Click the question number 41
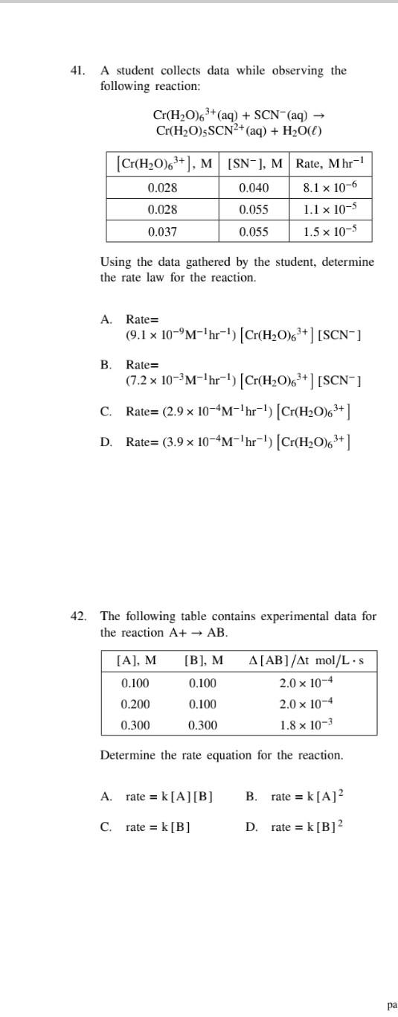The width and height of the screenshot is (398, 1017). click(77, 71)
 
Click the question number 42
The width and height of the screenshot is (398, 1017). click(77, 616)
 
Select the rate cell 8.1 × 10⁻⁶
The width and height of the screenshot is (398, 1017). click(330, 188)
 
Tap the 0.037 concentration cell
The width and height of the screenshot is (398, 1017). click(162, 232)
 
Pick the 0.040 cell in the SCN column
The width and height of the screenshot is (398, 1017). click(254, 188)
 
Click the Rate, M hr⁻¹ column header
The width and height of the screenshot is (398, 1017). click(330, 164)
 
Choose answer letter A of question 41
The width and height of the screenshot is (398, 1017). click(106, 319)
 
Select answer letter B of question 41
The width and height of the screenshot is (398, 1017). click(106, 365)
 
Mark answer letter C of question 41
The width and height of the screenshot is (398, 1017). click(106, 411)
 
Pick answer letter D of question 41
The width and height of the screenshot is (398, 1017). click(106, 441)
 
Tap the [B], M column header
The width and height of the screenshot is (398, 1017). click(203, 660)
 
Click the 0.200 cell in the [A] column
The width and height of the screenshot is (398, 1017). click(135, 704)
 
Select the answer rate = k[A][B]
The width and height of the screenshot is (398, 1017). click(170, 797)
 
